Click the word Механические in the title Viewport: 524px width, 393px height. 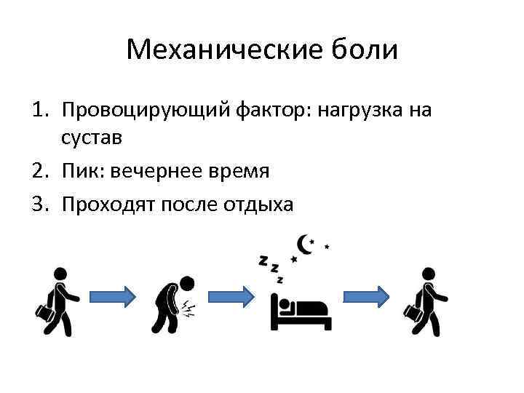215,50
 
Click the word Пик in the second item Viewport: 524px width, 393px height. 82,172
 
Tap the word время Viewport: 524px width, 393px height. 238,172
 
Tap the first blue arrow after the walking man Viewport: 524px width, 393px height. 113,296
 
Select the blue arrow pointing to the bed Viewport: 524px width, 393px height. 231,296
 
